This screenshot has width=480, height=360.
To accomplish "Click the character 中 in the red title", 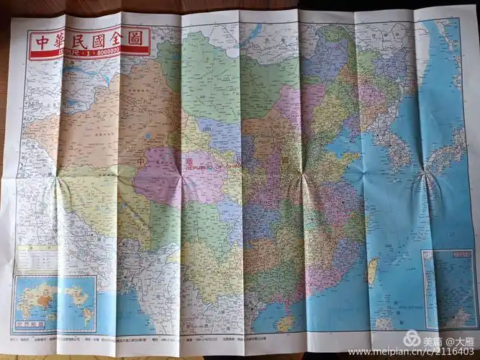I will [x=42, y=40].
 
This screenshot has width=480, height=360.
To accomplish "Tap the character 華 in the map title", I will [x=62, y=40].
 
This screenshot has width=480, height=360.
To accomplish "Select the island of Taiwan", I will [x=373, y=271].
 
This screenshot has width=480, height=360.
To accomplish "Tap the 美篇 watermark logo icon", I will [x=412, y=337].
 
